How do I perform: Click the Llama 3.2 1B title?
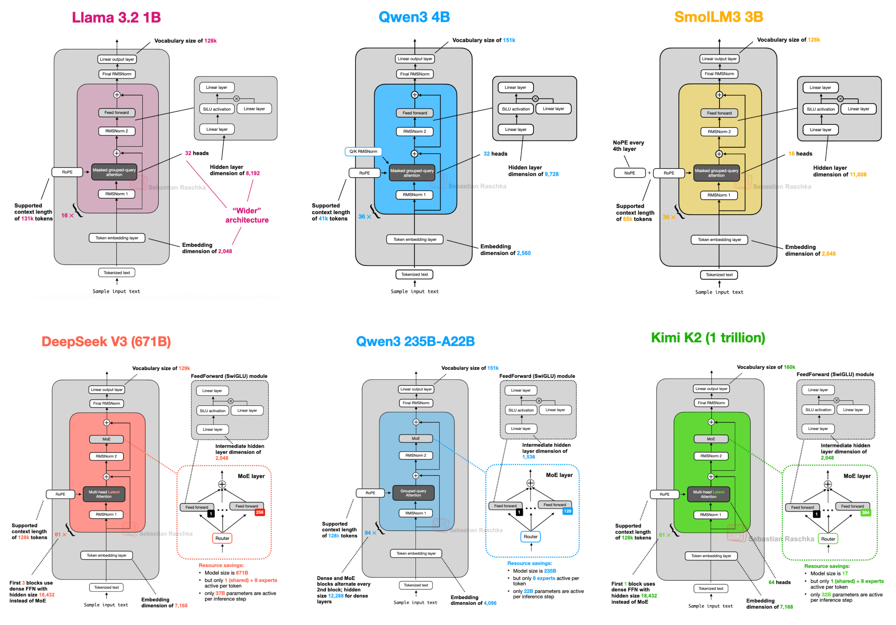[x=116, y=17]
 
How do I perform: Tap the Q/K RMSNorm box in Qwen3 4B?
[x=363, y=151]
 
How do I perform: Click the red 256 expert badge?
[x=260, y=512]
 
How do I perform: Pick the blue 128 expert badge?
[x=567, y=511]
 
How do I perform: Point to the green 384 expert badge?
[x=866, y=513]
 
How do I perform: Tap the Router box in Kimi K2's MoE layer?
[x=828, y=539]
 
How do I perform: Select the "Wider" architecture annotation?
[x=247, y=215]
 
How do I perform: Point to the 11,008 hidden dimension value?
[x=858, y=175]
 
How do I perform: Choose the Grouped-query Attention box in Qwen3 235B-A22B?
[x=413, y=493]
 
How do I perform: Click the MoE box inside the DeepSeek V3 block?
[x=107, y=439]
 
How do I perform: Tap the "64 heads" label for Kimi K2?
[x=779, y=582]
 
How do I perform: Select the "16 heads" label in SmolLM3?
[x=800, y=154]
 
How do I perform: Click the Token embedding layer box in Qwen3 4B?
[x=415, y=239]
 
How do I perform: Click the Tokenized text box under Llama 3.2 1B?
[x=117, y=273]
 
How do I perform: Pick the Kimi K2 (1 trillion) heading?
[x=708, y=337]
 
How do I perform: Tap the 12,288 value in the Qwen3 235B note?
[x=336, y=596]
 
